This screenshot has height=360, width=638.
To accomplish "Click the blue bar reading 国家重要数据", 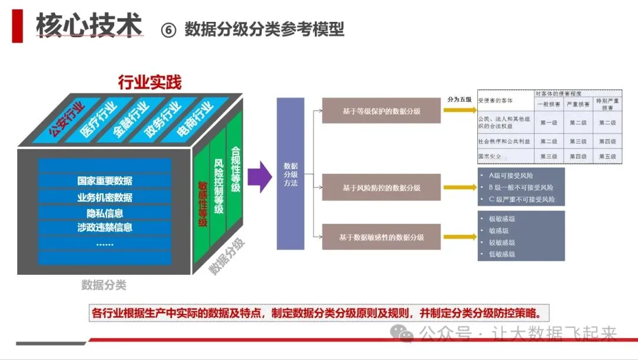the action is tap(105, 181).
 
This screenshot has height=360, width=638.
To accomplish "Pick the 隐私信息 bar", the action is tap(105, 213).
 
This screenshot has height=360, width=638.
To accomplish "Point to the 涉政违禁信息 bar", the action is tap(105, 228).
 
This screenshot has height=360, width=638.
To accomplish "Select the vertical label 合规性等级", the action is tap(235, 169).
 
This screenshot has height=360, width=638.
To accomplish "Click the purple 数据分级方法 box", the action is tap(291, 174).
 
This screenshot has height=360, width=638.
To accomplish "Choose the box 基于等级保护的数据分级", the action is tap(381, 111).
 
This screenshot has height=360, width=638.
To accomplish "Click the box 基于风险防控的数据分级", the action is tap(381, 187).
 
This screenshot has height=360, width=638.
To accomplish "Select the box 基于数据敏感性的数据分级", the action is tap(381, 237).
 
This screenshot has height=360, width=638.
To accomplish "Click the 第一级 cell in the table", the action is tap(549, 123).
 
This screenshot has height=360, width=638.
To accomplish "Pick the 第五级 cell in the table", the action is tap(607, 157).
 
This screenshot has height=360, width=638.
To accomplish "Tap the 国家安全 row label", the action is tap(490, 157).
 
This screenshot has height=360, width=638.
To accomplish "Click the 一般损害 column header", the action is tap(549, 104).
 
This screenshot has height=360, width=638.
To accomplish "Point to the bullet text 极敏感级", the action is tap(502, 219).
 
